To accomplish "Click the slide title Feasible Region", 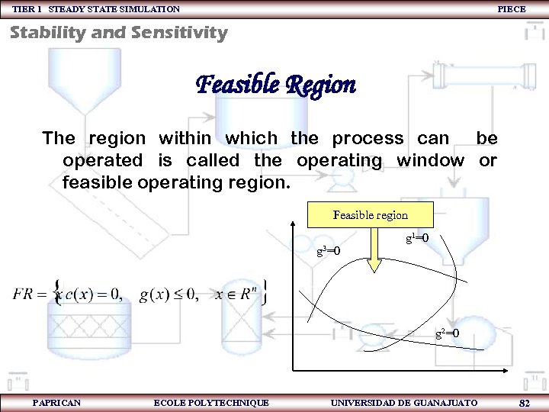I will pos(276,84).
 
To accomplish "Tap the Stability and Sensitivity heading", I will pos(119,33).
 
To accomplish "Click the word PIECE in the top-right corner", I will pos(511,9).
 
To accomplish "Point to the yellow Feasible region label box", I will pos(370,215).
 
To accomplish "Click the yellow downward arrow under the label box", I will pos(374,256).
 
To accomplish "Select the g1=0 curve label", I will pos(416,239).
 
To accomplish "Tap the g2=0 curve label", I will pos(447,333).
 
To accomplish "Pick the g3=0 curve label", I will pos(328,251).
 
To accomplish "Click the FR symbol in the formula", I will pos(23,295).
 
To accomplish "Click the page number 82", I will pos(524,402).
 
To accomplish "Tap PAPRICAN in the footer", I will pos(57,402).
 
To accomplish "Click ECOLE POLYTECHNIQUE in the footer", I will pos(211,402).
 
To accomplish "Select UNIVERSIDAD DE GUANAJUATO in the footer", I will pos(404,402).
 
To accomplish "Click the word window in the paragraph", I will pos(430,161).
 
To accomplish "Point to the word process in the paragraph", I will pos(368,138).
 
